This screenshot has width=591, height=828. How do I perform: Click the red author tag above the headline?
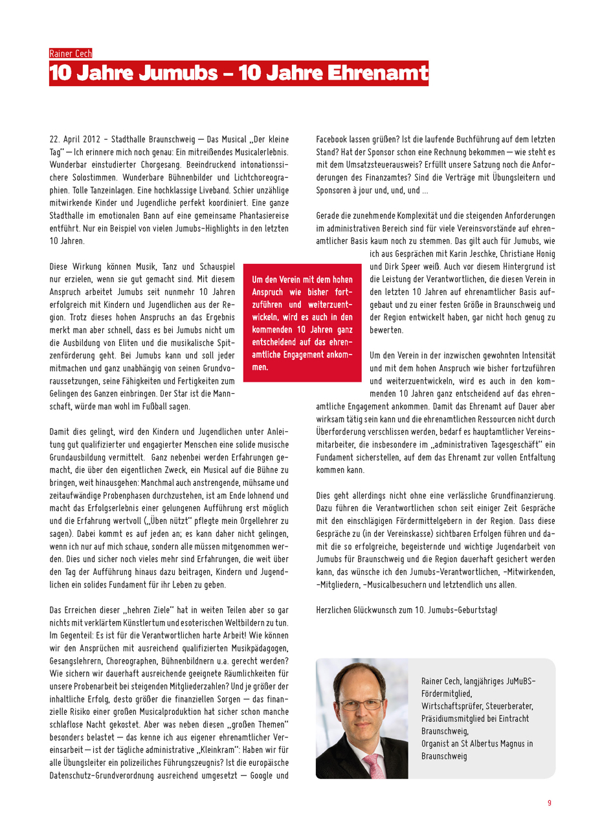(71, 54)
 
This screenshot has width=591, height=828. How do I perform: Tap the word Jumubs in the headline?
(166, 73)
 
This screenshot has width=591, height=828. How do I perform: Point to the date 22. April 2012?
(75, 139)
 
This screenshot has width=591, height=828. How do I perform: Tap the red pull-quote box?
(302, 323)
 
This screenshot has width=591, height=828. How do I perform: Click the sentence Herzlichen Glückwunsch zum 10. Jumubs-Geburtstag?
(407, 609)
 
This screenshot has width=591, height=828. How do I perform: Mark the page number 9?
(550, 803)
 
